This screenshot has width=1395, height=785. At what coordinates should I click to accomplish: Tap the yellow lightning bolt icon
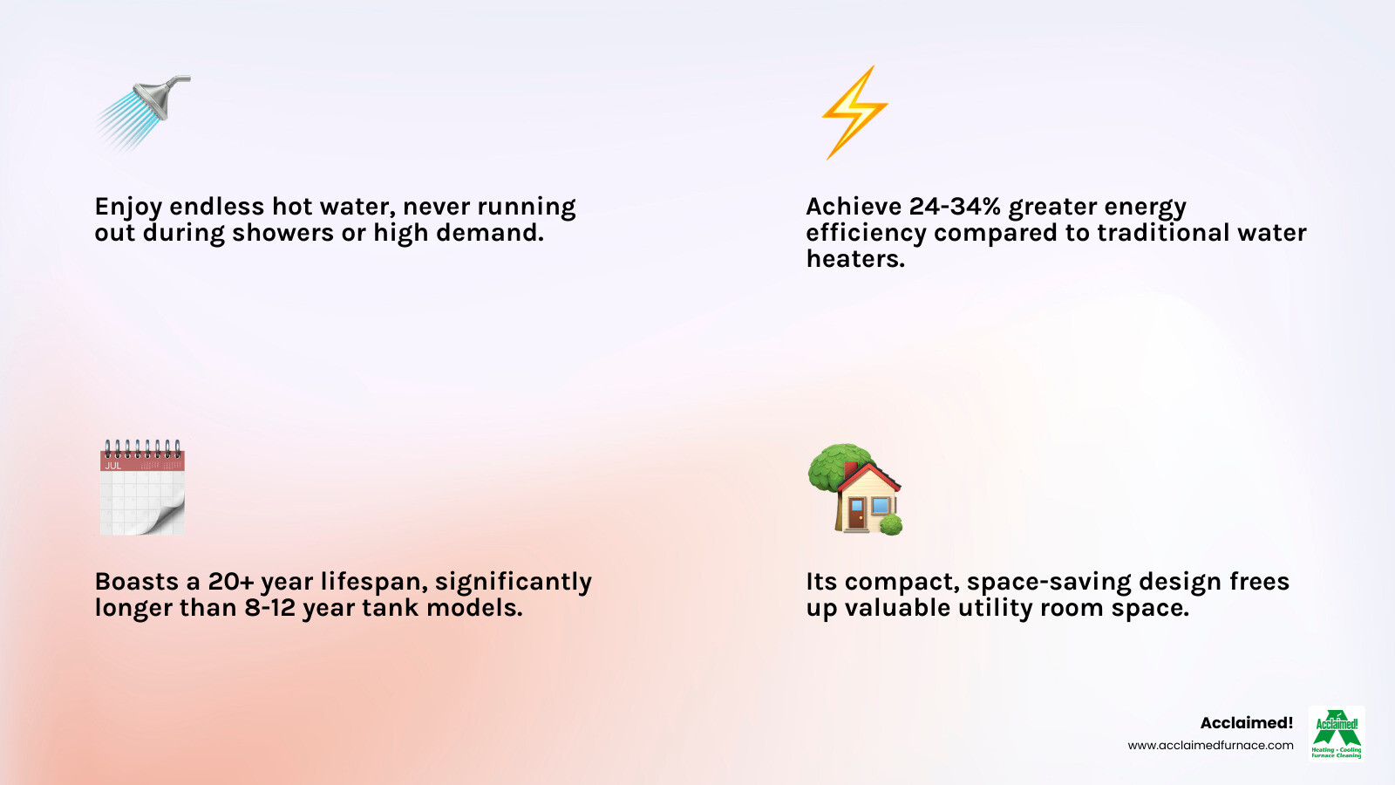pyautogui.click(x=854, y=113)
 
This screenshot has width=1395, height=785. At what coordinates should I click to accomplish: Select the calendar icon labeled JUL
pyautogui.click(x=141, y=488)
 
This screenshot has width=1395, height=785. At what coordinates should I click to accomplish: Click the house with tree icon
pyautogui.click(x=855, y=489)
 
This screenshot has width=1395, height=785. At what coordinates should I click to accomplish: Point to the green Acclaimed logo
pyautogui.click(x=1337, y=733)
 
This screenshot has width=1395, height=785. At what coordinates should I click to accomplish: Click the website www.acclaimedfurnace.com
pyautogui.click(x=1210, y=746)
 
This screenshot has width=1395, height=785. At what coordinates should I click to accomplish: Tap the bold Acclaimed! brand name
pyautogui.click(x=1246, y=723)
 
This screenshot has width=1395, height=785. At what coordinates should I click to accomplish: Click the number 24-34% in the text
pyautogui.click(x=955, y=207)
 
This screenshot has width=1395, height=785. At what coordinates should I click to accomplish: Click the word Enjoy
pyautogui.click(x=128, y=208)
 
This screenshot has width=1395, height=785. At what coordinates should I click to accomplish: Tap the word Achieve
pyautogui.click(x=854, y=207)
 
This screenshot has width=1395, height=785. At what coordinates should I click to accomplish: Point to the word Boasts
pyautogui.click(x=136, y=582)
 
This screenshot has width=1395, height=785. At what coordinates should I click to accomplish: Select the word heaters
pyautogui.click(x=854, y=259)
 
